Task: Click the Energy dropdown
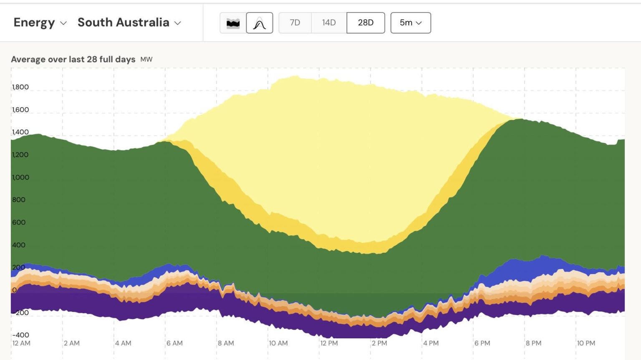pyautogui.click(x=40, y=23)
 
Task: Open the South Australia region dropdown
pyautogui.click(x=129, y=23)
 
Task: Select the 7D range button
pyautogui.click(x=295, y=23)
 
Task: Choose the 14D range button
pyautogui.click(x=329, y=23)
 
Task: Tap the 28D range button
pyautogui.click(x=366, y=23)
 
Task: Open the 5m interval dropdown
pyautogui.click(x=411, y=23)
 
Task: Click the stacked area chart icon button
pyautogui.click(x=233, y=23)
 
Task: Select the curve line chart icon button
pyautogui.click(x=260, y=23)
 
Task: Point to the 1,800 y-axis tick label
pyautogui.click(x=20, y=87)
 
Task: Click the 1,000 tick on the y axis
pyautogui.click(x=20, y=177)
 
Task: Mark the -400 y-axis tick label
pyautogui.click(x=20, y=335)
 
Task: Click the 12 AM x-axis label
pyautogui.click(x=21, y=343)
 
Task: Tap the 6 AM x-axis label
pyautogui.click(x=174, y=343)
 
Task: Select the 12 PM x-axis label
pyautogui.click(x=329, y=343)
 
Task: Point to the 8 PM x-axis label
pyautogui.click(x=533, y=343)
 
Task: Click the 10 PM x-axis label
pyautogui.click(x=586, y=343)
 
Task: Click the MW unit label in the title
pyautogui.click(x=146, y=60)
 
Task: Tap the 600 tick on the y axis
pyautogui.click(x=19, y=222)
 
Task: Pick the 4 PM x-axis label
pyautogui.click(x=431, y=343)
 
